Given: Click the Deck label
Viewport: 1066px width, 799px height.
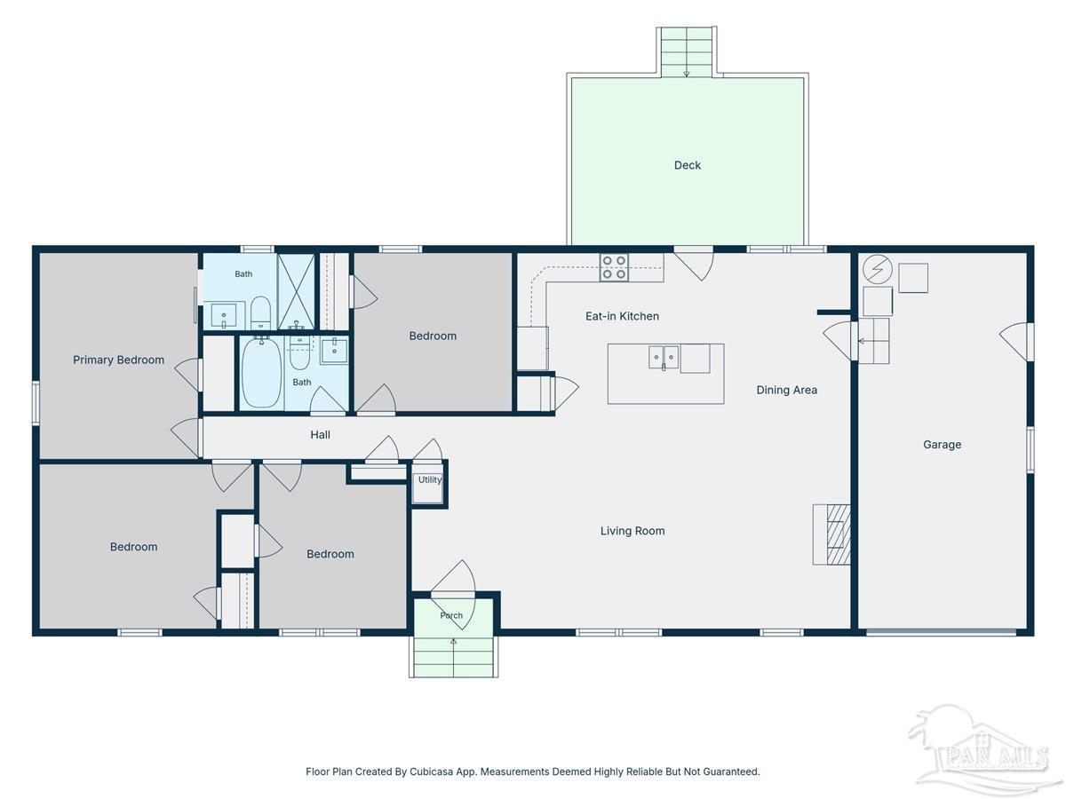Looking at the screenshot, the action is pyautogui.click(x=687, y=165).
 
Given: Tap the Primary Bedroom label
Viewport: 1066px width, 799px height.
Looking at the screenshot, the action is pyautogui.click(x=118, y=360).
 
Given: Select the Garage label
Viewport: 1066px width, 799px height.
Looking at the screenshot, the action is pyautogui.click(x=942, y=445).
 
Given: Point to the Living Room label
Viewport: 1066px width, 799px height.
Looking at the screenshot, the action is pyautogui.click(x=632, y=531).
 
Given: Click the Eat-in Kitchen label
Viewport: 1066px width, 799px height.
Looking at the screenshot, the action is pyautogui.click(x=622, y=316).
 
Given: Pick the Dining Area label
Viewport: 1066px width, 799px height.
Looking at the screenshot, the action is pyautogui.click(x=786, y=390).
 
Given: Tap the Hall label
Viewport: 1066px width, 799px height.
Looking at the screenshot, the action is pyautogui.click(x=320, y=435).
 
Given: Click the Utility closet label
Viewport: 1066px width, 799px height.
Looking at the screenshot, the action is pyautogui.click(x=430, y=479).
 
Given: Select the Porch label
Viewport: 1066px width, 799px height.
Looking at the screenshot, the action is pyautogui.click(x=451, y=615).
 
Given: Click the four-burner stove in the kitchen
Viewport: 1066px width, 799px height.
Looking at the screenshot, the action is pyautogui.click(x=614, y=267).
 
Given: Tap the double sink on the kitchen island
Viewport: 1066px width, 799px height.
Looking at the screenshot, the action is pyautogui.click(x=664, y=358).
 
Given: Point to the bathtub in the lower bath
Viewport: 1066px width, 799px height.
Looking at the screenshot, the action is pyautogui.click(x=261, y=372).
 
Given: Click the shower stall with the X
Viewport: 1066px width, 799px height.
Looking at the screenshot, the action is pyautogui.click(x=296, y=291).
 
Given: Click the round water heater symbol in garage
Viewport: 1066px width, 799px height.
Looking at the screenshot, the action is pyautogui.click(x=877, y=269).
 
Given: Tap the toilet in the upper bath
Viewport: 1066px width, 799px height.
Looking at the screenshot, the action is pyautogui.click(x=260, y=312).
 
